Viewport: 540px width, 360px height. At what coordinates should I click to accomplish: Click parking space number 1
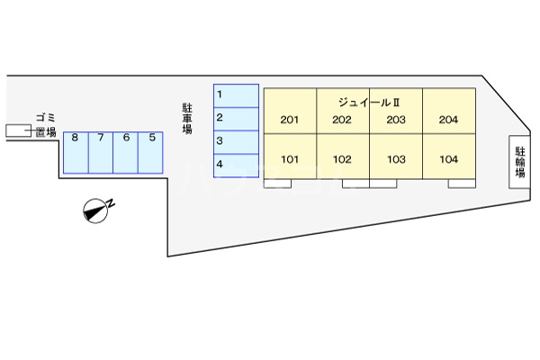(x=236, y=95)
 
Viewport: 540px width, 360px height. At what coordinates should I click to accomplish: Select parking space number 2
(x=236, y=118)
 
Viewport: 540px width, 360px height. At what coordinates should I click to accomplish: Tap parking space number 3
(x=236, y=141)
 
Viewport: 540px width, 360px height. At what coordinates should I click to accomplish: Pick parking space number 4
(x=236, y=164)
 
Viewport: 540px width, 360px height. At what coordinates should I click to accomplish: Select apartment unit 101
(x=290, y=160)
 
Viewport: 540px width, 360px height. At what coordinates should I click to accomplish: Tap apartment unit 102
(x=342, y=160)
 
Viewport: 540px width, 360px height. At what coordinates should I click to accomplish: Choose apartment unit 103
(x=396, y=160)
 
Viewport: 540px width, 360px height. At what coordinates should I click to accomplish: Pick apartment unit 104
(x=448, y=160)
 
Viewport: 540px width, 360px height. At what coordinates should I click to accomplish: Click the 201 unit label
(x=290, y=121)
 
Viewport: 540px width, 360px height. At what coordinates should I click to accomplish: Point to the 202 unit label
(x=342, y=121)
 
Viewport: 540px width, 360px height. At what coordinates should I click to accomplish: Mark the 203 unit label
(x=396, y=121)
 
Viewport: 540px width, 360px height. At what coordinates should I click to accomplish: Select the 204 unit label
(x=448, y=121)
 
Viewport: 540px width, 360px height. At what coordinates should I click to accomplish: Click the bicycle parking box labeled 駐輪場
(x=519, y=162)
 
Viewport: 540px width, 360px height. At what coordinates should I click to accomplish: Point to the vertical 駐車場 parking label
(x=187, y=118)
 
